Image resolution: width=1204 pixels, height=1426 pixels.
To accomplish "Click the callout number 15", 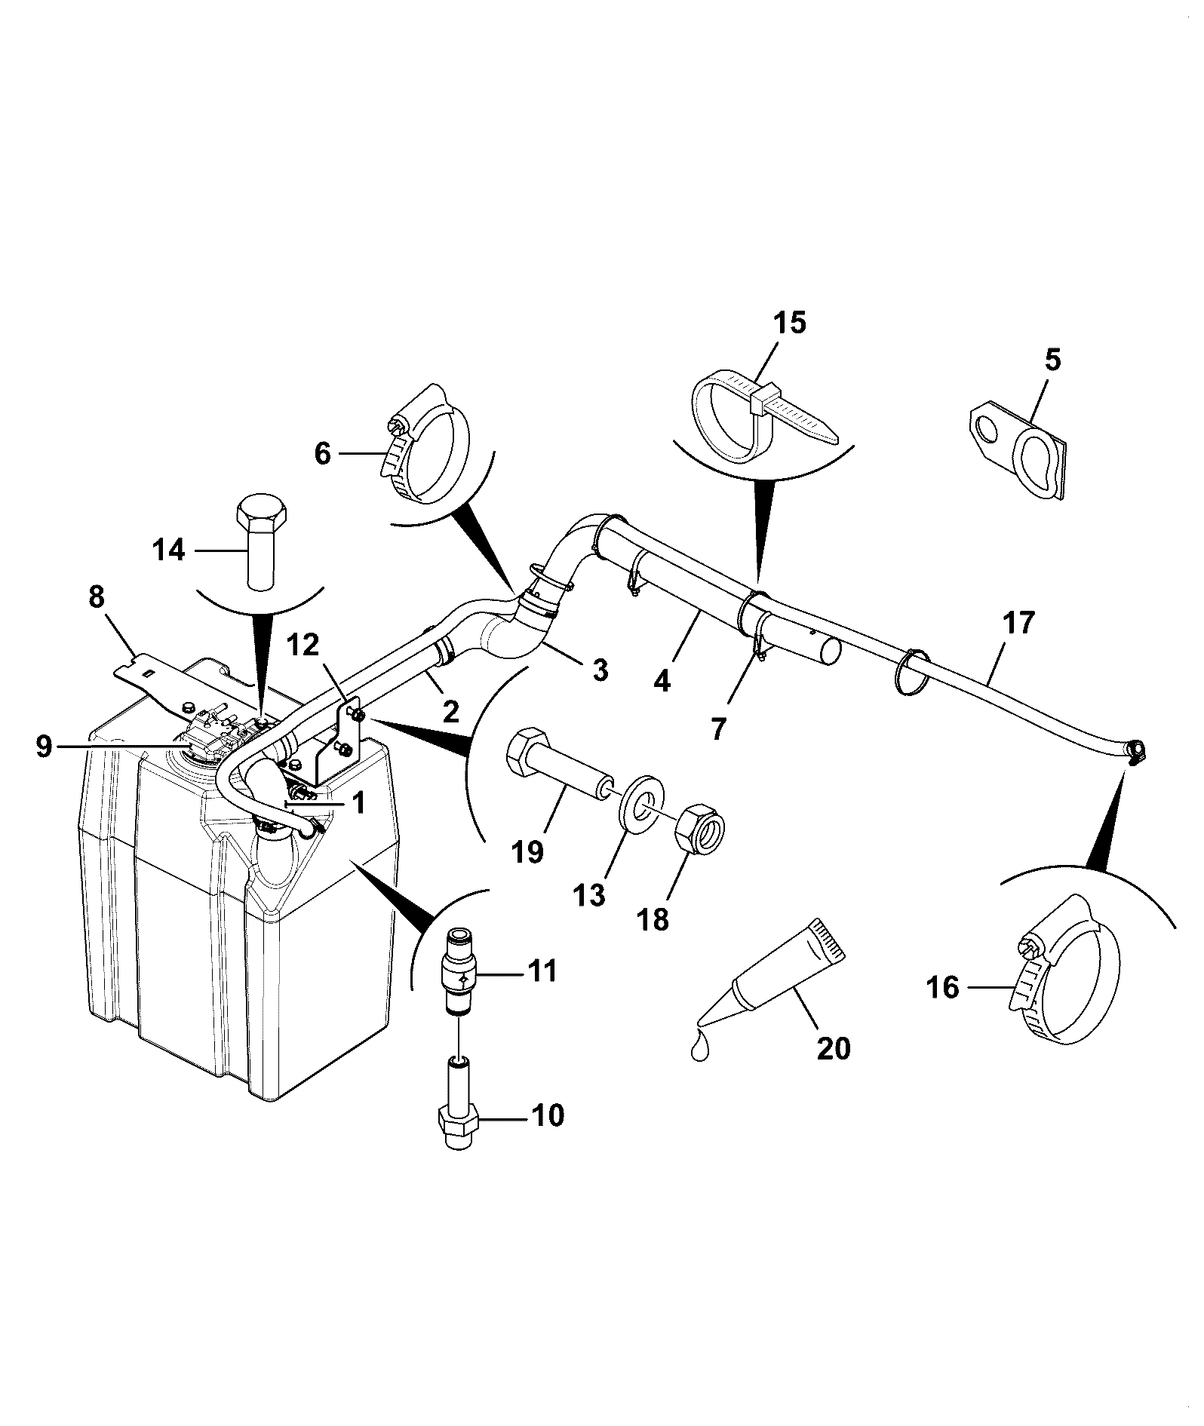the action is point(788,323).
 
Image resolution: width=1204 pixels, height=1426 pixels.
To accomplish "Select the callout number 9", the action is point(45,747).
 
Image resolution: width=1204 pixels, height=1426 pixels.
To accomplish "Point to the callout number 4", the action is point(662,681).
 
